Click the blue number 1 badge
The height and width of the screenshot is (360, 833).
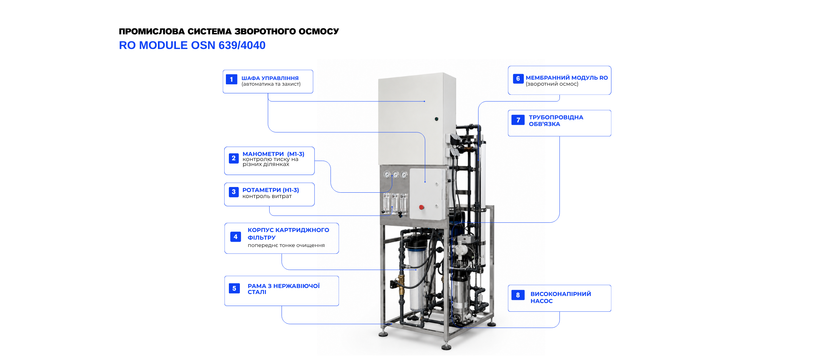pyautogui.click(x=231, y=79)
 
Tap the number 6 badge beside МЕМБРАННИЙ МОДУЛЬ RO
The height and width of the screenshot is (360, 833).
pyautogui.click(x=518, y=79)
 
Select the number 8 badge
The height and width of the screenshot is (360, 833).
pyautogui.click(x=518, y=295)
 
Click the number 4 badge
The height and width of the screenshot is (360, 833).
pyautogui.click(x=236, y=237)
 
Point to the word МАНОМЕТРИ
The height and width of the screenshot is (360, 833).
pyautogui.click(x=263, y=154)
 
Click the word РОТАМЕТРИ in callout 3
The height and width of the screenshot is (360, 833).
pyautogui.click(x=262, y=190)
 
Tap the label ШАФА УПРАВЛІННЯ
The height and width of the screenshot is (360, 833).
pyautogui.click(x=270, y=78)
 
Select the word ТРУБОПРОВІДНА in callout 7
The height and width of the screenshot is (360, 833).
pyautogui.click(x=556, y=117)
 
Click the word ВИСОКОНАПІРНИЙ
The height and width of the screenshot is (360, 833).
pyautogui.click(x=560, y=294)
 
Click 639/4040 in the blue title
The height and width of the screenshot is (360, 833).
pyautogui.click(x=242, y=45)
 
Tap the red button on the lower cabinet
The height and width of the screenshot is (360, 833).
pyautogui.click(x=421, y=207)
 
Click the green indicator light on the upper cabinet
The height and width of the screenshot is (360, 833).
pyautogui.click(x=436, y=119)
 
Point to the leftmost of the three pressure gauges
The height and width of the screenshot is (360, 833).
pyautogui.click(x=387, y=174)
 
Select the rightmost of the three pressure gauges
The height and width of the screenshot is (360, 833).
pyautogui.click(x=404, y=175)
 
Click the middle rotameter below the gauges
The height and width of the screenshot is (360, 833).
pyautogui.click(x=395, y=204)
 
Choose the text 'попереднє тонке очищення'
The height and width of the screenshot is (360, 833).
pyautogui.click(x=286, y=245)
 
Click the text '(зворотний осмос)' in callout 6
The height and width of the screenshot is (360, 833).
pyautogui.click(x=552, y=84)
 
